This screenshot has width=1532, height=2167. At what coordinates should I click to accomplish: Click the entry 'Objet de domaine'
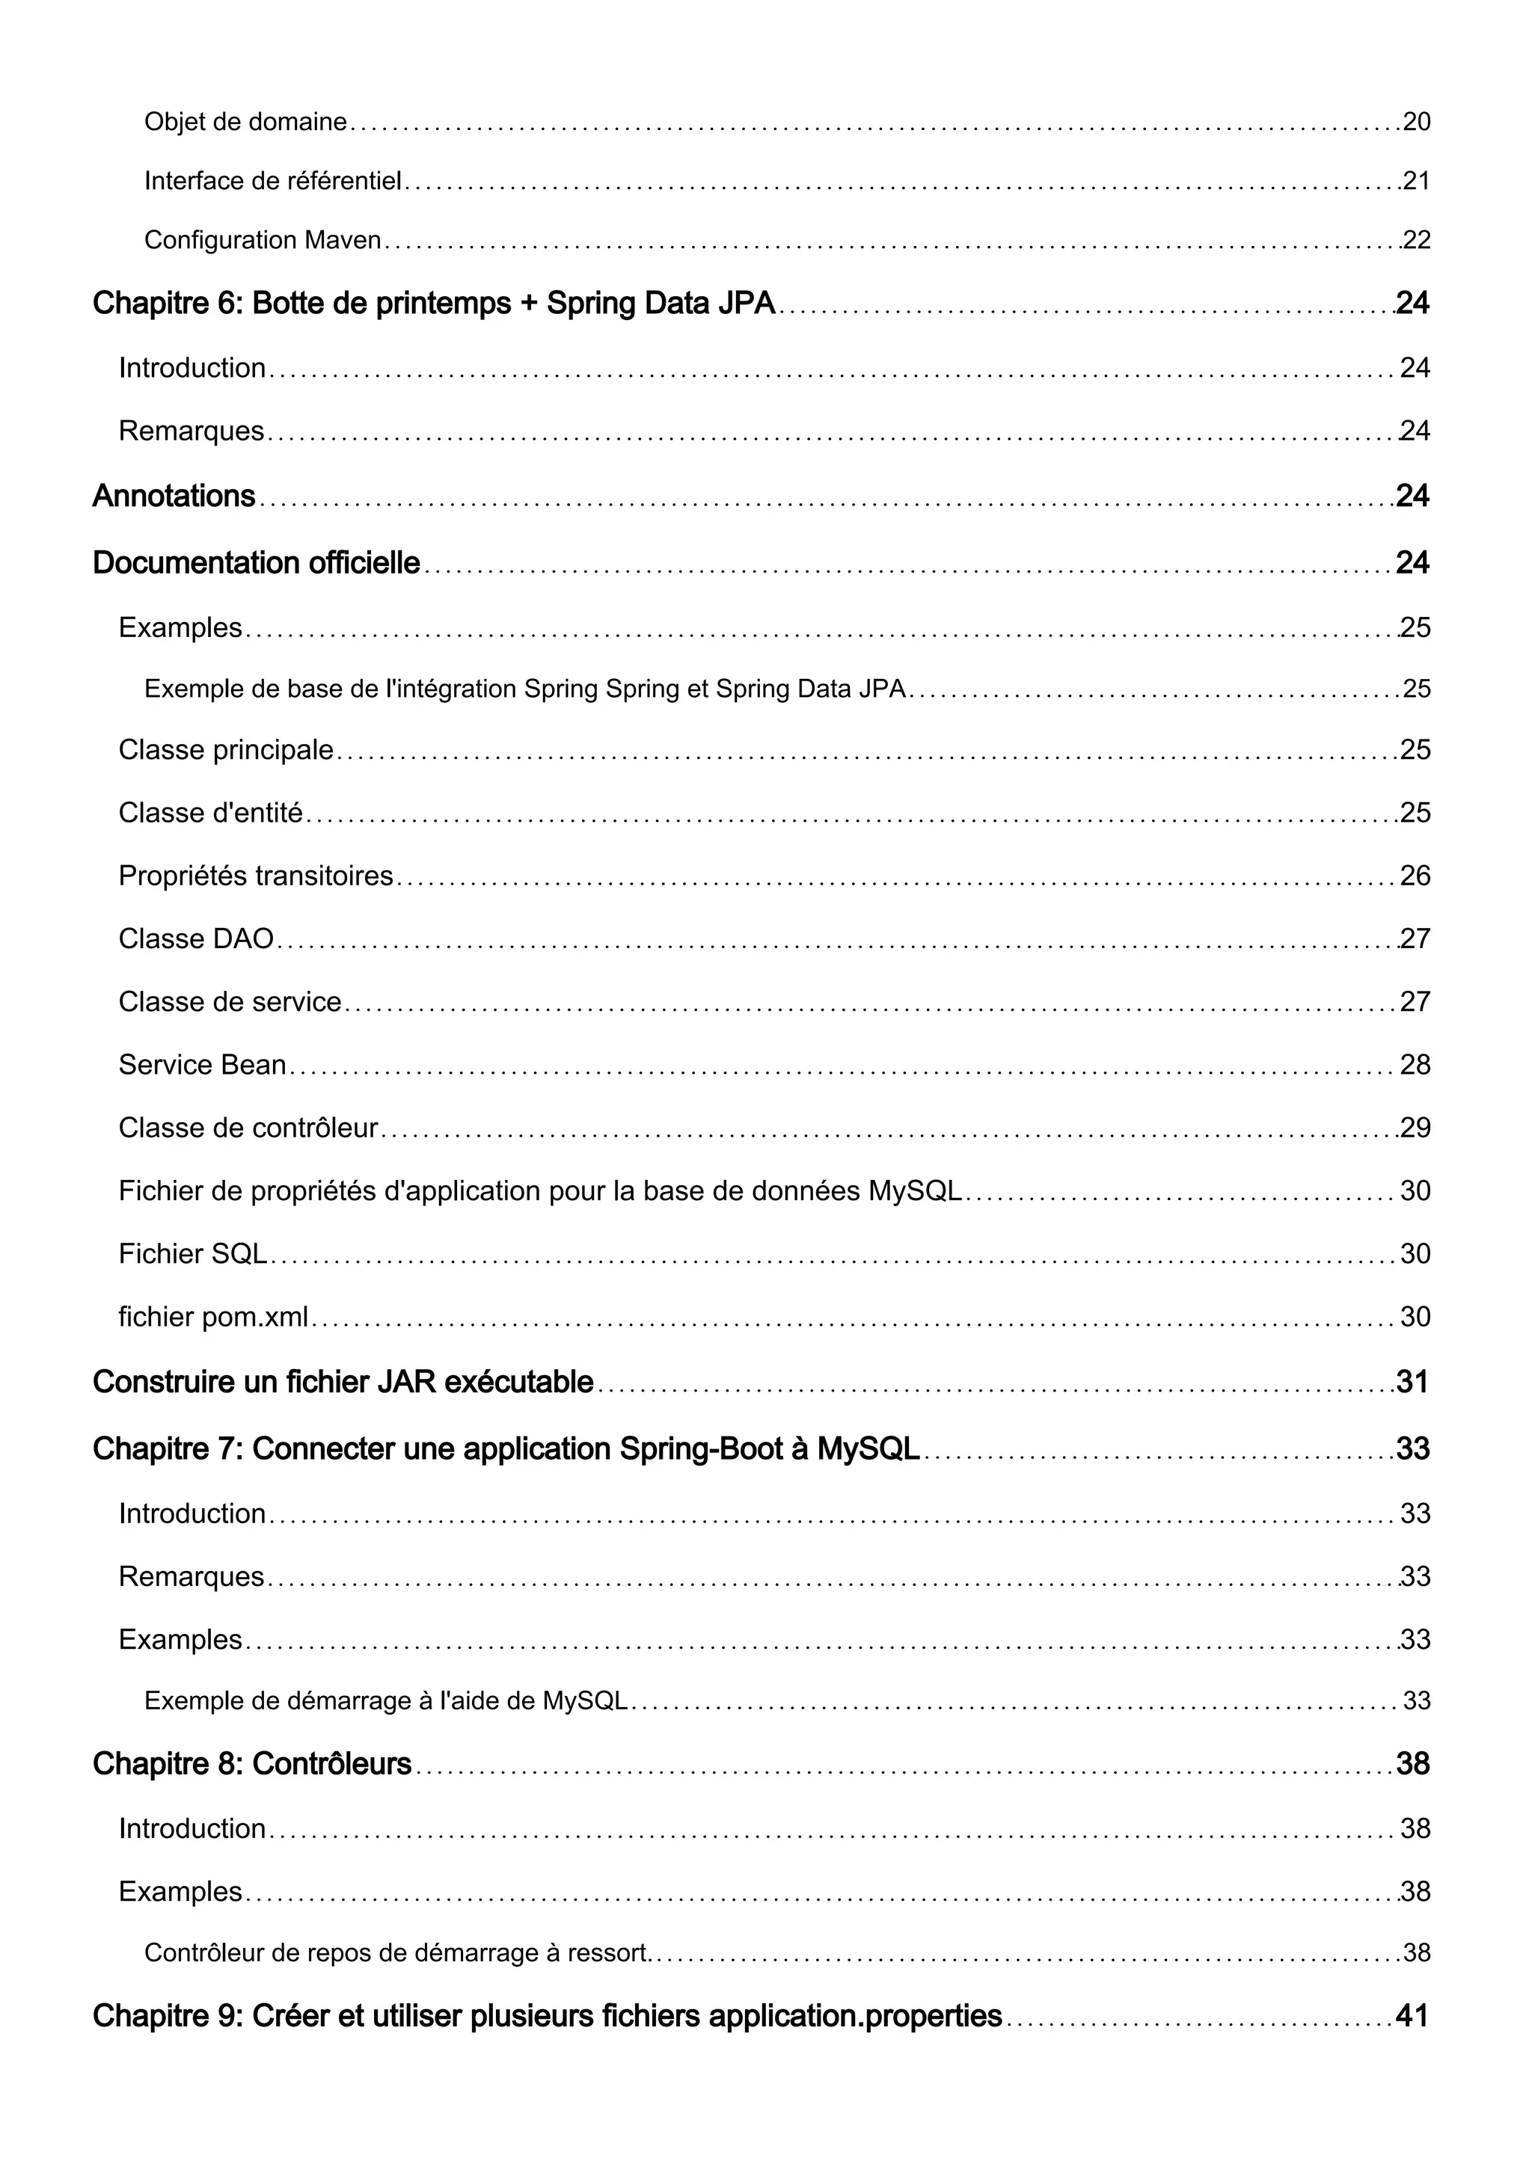245,122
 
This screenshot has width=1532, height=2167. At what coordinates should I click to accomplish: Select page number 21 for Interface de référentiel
1416,181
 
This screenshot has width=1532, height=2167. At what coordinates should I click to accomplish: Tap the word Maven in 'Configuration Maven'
343,241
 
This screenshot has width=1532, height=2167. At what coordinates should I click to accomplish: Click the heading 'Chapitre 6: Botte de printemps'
433,303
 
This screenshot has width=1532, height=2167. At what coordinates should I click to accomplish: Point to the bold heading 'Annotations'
174,496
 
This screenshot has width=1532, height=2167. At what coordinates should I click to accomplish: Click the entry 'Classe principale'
226,749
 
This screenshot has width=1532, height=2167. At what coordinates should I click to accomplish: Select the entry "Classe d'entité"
210,813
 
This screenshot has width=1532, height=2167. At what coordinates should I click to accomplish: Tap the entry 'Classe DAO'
196,938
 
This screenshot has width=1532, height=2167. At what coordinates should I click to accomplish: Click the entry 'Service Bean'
202,1065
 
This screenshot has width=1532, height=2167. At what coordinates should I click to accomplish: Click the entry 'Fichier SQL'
192,1253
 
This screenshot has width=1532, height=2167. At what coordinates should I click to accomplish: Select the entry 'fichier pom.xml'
213,1317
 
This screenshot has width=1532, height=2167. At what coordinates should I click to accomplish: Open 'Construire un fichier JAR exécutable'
343,1382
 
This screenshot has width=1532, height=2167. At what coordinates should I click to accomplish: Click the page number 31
1412,1382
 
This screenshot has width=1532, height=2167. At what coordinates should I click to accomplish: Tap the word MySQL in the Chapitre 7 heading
868,1448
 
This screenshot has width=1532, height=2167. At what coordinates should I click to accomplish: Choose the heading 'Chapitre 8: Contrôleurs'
252,1763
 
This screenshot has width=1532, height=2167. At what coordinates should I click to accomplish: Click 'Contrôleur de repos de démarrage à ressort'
396,1952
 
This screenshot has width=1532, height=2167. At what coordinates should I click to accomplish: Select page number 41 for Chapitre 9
1412,2016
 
